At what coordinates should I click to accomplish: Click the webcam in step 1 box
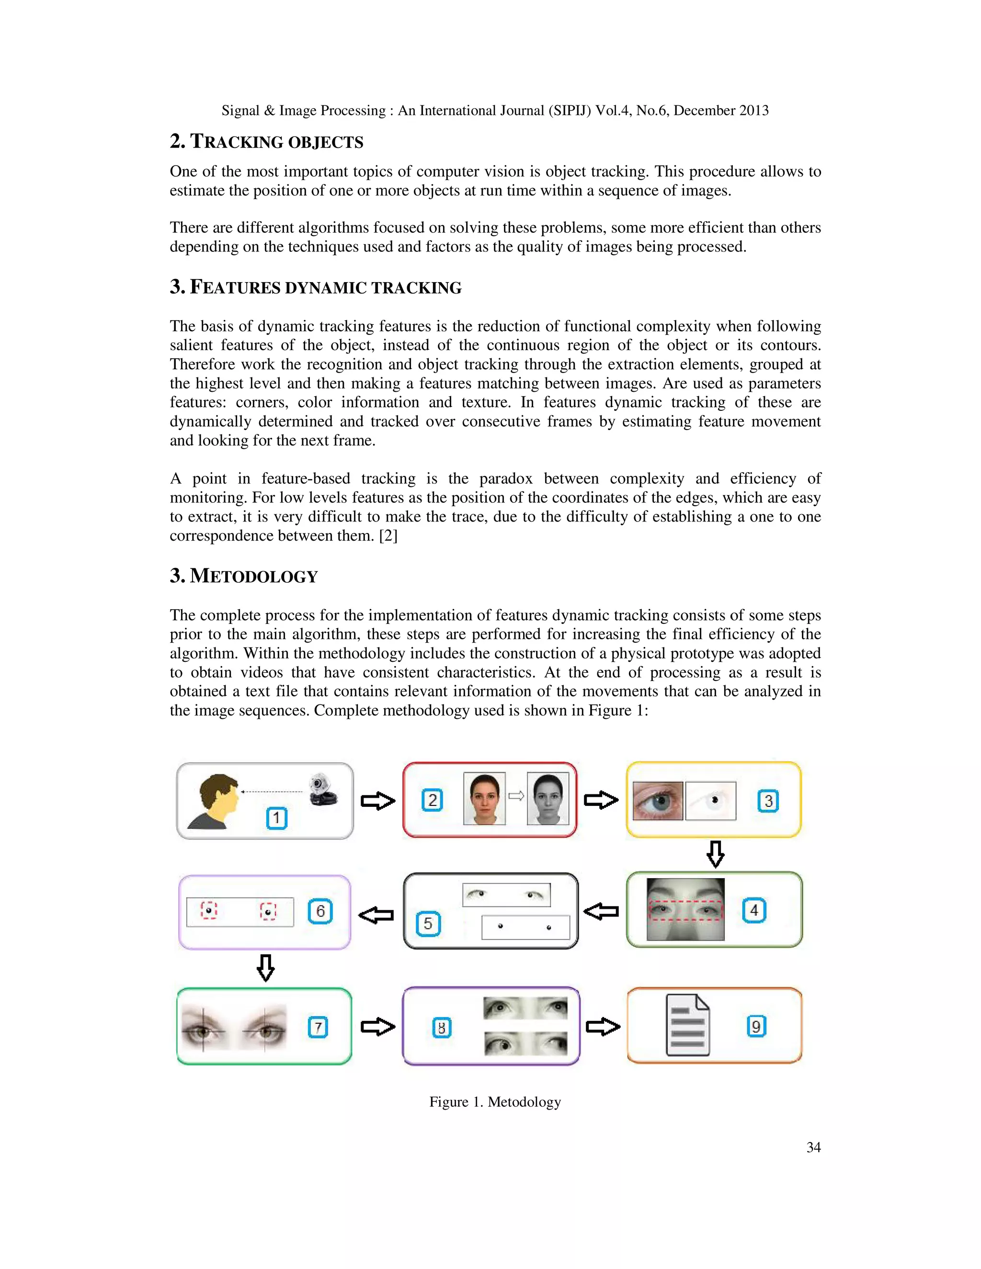322,790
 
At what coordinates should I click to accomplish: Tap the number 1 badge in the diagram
277,818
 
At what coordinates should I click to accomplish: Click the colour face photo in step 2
484,798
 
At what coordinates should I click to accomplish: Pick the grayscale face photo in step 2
548,798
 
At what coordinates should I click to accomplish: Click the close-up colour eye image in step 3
657,800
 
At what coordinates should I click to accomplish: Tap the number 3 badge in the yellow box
768,801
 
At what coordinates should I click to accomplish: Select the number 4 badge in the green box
754,910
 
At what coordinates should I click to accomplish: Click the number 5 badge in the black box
428,923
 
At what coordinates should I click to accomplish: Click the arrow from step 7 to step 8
378,1027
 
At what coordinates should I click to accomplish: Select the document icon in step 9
687,1026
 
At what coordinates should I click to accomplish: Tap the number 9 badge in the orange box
756,1026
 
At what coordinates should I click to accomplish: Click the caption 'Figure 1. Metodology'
495,1102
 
